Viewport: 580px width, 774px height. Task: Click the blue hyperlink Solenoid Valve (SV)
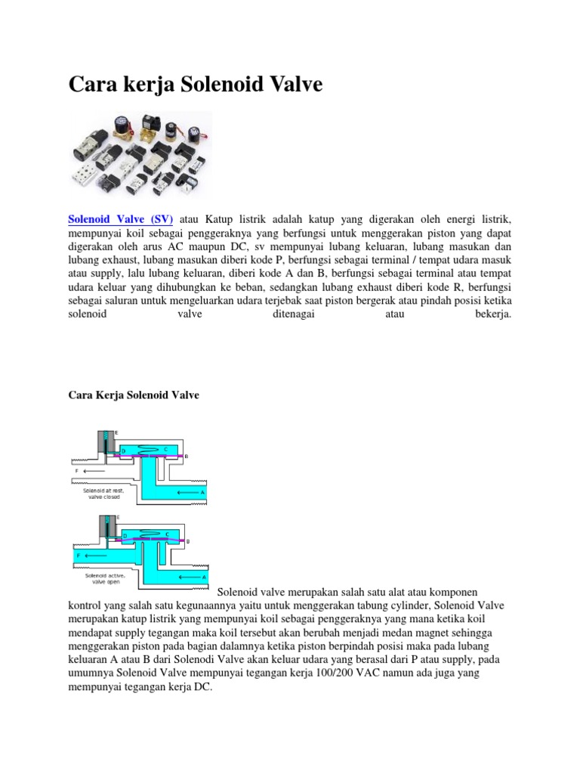click(121, 218)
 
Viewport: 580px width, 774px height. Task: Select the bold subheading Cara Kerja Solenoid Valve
click(134, 395)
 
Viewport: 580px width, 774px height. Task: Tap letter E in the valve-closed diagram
click(116, 432)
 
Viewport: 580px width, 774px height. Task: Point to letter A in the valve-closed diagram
click(202, 492)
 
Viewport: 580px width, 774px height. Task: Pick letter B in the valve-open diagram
click(187, 541)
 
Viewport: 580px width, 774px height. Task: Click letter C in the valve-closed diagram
click(165, 450)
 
